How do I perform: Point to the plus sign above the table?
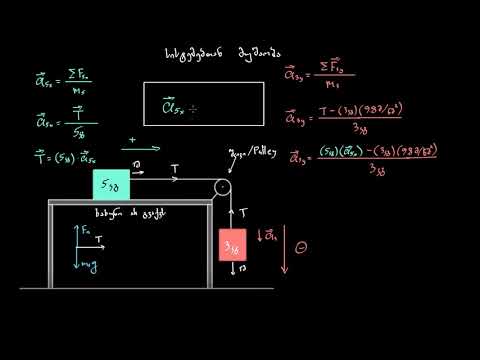coord(132,140)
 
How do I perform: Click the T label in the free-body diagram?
coord(98,240)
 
